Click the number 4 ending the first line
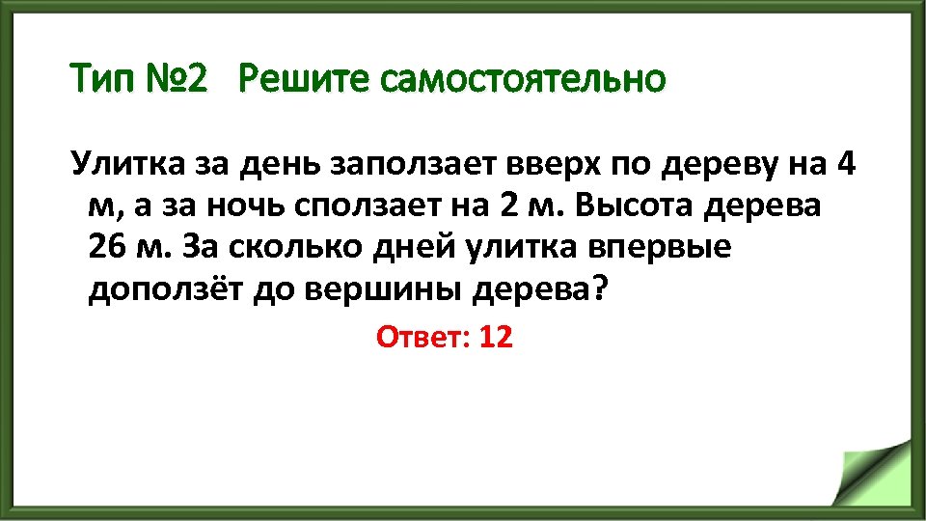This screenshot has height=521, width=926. [x=845, y=165]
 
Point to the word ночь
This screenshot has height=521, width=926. [x=255, y=207]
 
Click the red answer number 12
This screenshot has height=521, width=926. [x=495, y=338]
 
